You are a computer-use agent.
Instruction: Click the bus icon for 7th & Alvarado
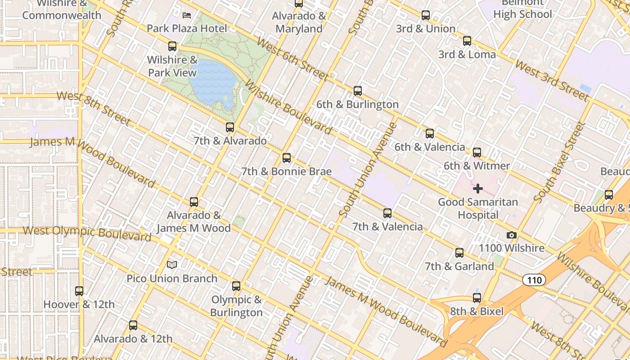(x=230, y=127)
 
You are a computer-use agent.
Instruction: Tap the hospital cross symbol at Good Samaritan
(x=478, y=189)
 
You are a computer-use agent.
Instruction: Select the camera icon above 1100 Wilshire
(x=511, y=235)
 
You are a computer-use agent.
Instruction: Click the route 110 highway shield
(x=534, y=280)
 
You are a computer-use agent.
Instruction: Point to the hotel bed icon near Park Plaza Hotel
(x=187, y=15)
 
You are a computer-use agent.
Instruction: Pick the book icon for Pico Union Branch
(x=172, y=265)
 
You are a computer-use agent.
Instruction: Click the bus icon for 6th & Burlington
(x=358, y=91)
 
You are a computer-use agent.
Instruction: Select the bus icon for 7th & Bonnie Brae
(x=287, y=158)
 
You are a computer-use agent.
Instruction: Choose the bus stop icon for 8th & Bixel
(x=477, y=298)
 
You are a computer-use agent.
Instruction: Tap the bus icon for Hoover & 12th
(x=79, y=291)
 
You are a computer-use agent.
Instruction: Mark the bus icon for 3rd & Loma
(x=467, y=41)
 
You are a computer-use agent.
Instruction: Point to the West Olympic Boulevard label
(x=87, y=233)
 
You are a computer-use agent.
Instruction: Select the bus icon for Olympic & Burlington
(x=236, y=286)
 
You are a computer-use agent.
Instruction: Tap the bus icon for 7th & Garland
(x=459, y=253)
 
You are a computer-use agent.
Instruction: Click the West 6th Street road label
(x=292, y=59)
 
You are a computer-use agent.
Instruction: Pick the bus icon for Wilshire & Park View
(x=172, y=46)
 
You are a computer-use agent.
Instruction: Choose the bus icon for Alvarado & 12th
(x=133, y=325)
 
